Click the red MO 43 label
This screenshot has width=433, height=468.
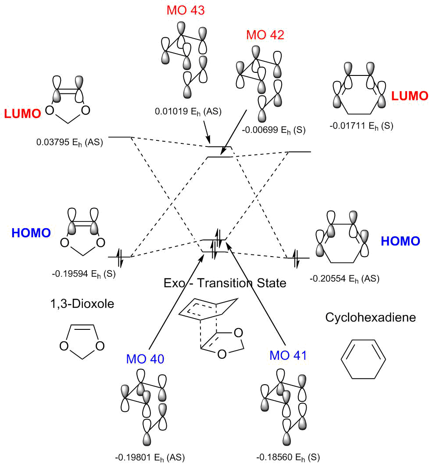(x=186, y=10)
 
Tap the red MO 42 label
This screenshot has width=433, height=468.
(x=265, y=35)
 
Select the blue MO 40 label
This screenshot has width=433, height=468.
(x=145, y=359)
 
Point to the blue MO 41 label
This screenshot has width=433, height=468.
(x=288, y=355)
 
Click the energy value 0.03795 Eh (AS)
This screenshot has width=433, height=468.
(x=70, y=143)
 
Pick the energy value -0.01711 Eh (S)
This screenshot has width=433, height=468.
(x=361, y=126)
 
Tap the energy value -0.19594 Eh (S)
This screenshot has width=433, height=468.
(x=84, y=274)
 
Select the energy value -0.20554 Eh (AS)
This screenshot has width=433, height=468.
(x=344, y=279)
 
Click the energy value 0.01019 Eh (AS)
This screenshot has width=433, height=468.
(x=188, y=112)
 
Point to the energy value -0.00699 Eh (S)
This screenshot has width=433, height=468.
(x=274, y=130)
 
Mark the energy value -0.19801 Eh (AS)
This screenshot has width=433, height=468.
(x=150, y=457)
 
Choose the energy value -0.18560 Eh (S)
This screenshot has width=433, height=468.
(x=288, y=457)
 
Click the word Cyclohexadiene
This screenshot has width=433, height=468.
(x=370, y=317)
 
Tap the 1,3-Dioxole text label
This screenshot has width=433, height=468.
(x=82, y=304)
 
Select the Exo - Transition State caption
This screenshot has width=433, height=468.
(x=225, y=283)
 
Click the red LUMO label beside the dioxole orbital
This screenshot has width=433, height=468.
(x=22, y=114)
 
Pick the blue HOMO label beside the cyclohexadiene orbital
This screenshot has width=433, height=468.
(x=401, y=241)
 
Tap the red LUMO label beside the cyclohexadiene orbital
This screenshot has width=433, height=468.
(x=410, y=96)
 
